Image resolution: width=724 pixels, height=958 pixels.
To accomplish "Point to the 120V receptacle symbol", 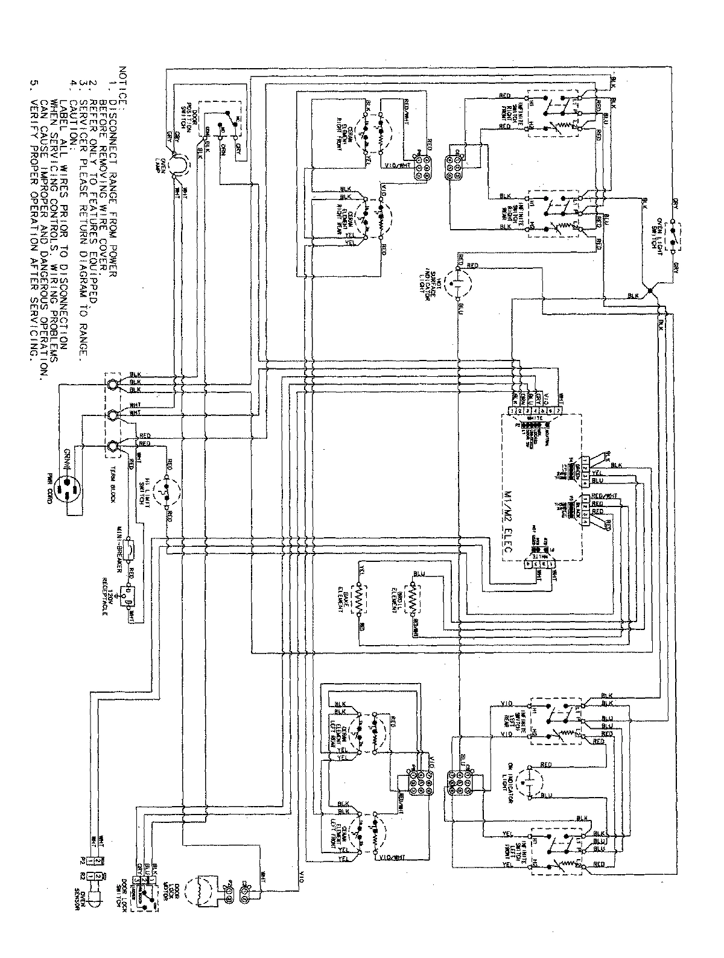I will tap(125, 594).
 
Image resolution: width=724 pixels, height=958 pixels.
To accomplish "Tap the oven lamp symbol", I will tap(176, 164).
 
